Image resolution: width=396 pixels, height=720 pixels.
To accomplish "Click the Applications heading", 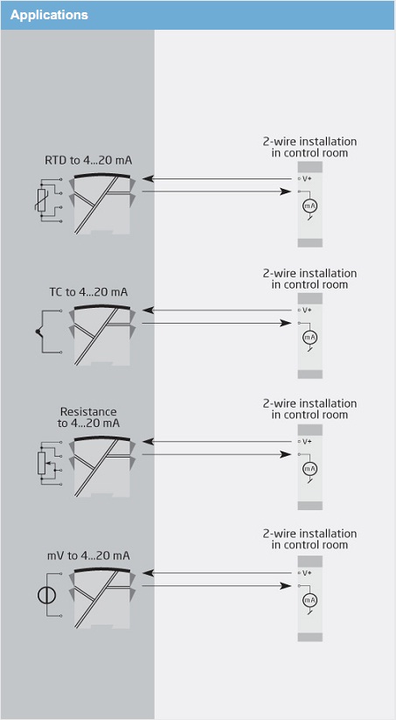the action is [49, 15].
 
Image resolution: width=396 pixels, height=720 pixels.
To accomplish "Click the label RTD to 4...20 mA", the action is [88, 161].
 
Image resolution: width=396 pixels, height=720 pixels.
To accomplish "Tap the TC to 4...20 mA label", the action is [88, 292].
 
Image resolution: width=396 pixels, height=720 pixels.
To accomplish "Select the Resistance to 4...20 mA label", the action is [88, 417].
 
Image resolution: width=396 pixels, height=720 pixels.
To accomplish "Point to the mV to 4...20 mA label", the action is [88, 556].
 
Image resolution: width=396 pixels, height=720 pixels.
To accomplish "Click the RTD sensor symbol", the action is [42, 199].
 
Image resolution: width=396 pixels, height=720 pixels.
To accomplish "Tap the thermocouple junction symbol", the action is [38, 332].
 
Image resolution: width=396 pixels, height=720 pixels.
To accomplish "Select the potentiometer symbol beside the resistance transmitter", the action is [41, 464].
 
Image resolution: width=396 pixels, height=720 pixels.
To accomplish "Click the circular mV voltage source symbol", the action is [47, 596].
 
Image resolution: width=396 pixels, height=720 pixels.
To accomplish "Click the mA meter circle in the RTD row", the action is [310, 206].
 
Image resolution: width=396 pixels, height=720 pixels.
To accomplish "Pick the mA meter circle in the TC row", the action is [310, 338].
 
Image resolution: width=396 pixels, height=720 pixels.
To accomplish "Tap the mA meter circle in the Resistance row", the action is [310, 469].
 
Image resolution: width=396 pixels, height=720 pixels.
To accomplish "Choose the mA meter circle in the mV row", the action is [310, 600].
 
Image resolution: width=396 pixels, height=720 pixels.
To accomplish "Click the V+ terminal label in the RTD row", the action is [307, 178].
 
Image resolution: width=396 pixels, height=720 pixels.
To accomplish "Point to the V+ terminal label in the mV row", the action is [307, 573].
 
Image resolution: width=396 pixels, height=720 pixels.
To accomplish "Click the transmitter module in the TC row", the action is [102, 335].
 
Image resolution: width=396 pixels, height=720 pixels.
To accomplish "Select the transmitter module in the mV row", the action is [102, 598].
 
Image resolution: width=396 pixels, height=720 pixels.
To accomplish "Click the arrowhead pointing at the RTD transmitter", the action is [148, 178].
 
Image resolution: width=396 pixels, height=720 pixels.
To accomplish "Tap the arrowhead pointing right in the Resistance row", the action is [285, 455].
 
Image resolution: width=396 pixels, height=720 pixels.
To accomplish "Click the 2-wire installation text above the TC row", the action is [309, 279].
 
